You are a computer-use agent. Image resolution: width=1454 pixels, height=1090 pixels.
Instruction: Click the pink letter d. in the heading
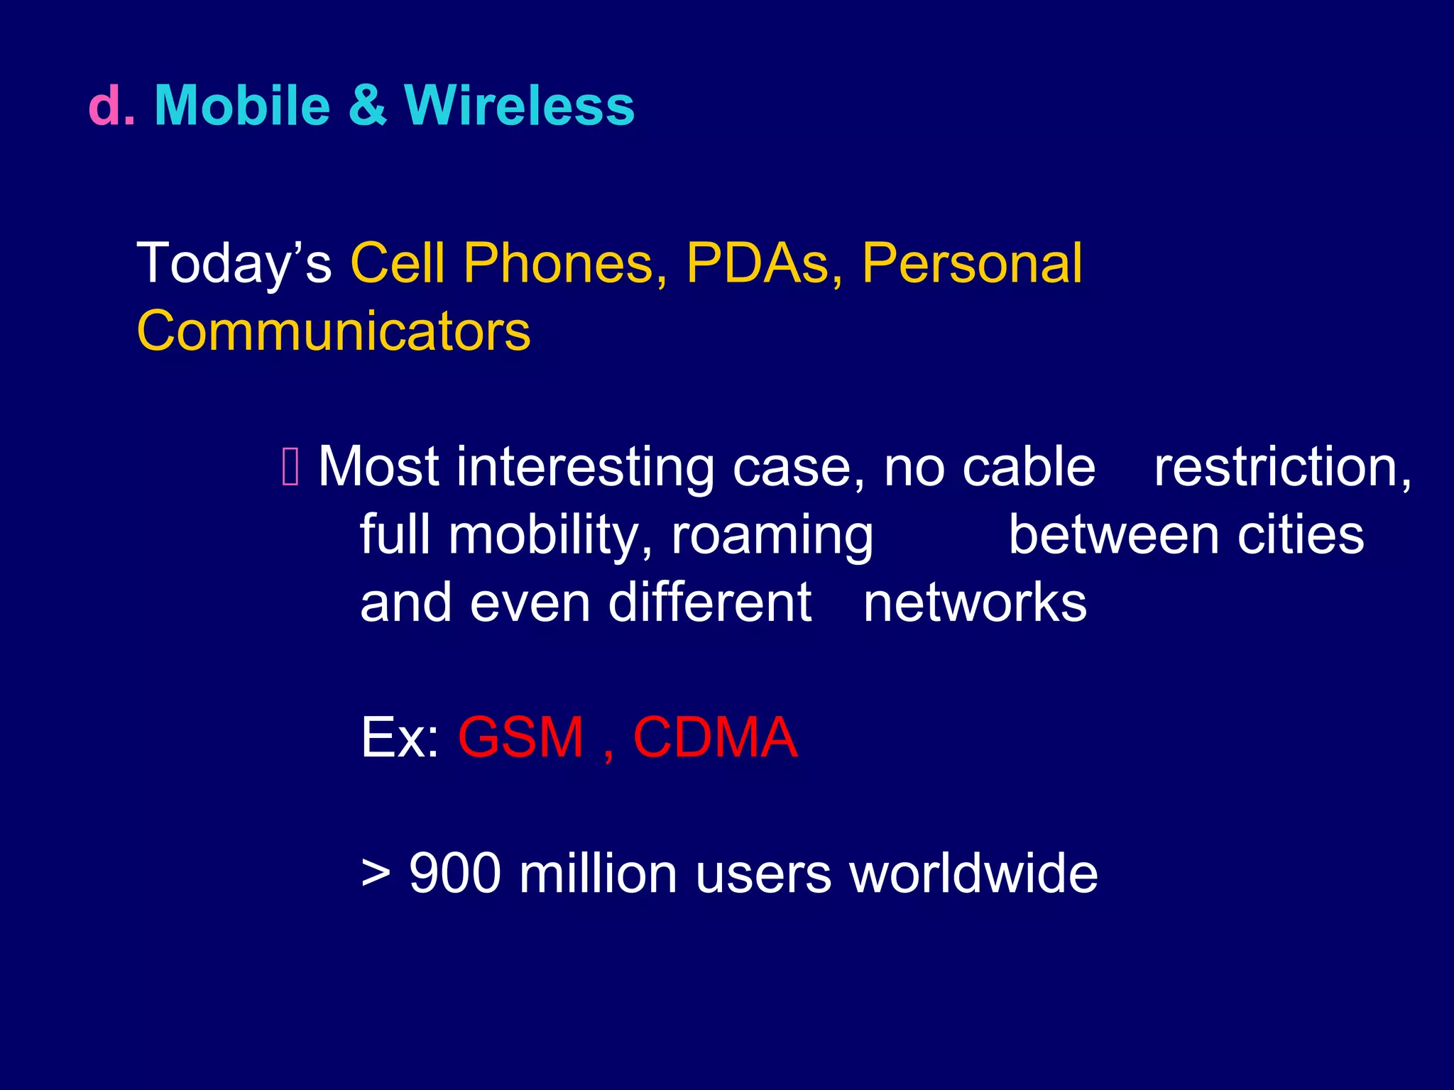[111, 106]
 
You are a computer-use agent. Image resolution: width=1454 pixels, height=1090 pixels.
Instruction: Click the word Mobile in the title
[242, 106]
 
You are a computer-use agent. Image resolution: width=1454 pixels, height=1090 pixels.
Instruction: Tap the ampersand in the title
[367, 106]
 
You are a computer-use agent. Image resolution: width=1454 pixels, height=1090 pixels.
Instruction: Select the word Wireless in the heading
[519, 106]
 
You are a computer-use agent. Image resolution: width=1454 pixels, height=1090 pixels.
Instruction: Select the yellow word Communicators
[333, 331]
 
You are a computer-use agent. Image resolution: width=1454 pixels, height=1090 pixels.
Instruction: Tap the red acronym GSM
[521, 738]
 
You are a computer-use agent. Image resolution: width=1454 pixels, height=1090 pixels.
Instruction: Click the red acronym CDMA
[715, 738]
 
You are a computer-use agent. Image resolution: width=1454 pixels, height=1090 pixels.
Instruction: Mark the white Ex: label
[400, 738]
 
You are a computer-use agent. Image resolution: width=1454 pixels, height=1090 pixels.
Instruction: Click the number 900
[454, 874]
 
